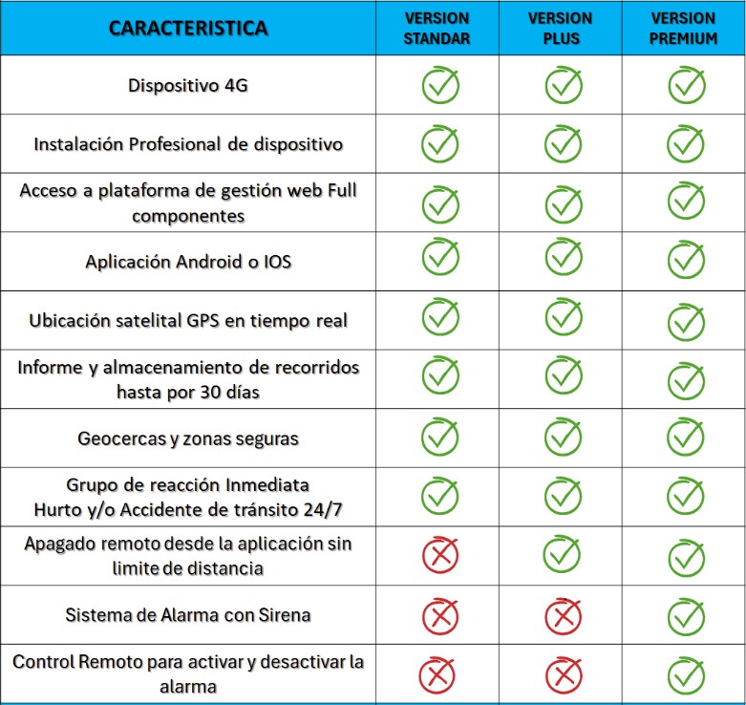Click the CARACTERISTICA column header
pos(188,28)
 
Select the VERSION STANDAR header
pos(437,28)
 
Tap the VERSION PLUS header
pos(560,28)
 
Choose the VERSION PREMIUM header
pos(683,28)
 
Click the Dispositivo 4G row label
pos(188,86)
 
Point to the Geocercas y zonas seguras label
pos(188,438)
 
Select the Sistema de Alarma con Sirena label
pos(188,615)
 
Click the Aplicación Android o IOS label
pos(188,262)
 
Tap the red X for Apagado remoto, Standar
pos(440,555)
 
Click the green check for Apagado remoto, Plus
pos(563,554)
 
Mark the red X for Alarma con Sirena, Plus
pos(564,616)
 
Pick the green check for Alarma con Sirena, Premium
pos(686,616)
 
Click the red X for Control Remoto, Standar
pos(437,675)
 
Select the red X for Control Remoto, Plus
pos(564,675)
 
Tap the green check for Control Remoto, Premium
pos(686,675)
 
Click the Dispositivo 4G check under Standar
pos(440,85)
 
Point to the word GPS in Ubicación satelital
pos(202,321)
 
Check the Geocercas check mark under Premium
pos(686,437)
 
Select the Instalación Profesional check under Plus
pos(563,143)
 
